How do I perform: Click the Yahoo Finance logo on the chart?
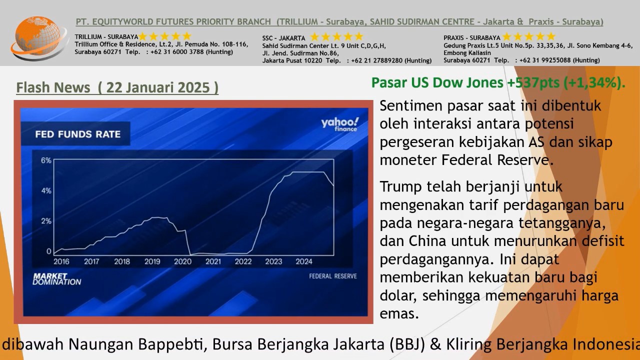click(340, 124)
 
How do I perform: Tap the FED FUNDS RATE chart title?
click(77, 134)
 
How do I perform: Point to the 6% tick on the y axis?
click(46, 160)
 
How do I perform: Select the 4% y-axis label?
click(46, 190)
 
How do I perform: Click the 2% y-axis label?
click(46, 221)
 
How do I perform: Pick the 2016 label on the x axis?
click(61, 261)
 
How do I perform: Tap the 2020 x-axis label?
click(182, 261)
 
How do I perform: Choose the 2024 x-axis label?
click(304, 261)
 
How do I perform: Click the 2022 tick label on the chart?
click(243, 261)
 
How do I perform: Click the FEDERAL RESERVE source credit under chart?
click(332, 276)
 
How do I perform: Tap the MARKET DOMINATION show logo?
click(56, 279)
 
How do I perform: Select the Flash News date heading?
click(117, 87)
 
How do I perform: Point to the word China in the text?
click(428, 241)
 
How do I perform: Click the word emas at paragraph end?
click(399, 313)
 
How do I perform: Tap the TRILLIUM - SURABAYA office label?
click(106, 37)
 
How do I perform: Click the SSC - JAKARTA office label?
click(283, 38)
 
